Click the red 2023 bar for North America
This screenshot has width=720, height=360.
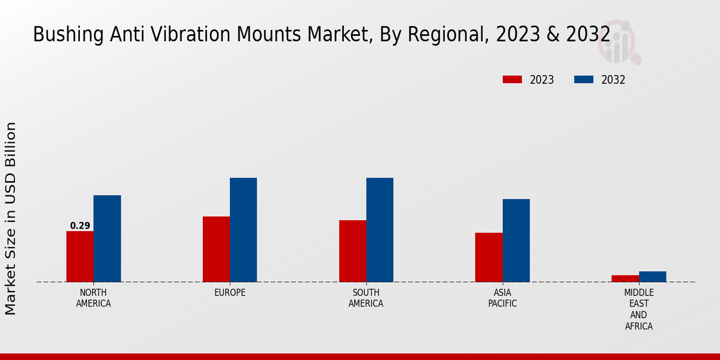80,256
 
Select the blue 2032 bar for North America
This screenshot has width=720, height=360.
107,238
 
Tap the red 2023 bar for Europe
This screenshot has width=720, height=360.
216,249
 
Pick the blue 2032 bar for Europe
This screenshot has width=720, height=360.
243,230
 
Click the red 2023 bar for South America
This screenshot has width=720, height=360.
352,251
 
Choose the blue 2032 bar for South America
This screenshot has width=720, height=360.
380,230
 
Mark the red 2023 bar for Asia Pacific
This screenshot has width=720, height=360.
488,257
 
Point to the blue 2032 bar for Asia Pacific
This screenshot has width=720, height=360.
516,240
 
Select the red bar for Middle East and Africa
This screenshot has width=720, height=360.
625,278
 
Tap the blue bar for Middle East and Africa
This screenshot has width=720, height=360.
652,277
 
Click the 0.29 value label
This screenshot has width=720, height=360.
80,226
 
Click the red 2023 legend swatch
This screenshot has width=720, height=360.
512,80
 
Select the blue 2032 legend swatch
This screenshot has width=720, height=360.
584,80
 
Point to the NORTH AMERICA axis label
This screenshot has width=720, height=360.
94,298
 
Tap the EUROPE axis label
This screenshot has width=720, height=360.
230,293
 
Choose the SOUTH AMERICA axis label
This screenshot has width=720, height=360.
366,298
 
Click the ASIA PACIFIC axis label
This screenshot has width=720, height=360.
502,298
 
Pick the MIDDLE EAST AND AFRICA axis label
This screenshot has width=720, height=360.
638,310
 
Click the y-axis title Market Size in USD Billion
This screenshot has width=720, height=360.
11,218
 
